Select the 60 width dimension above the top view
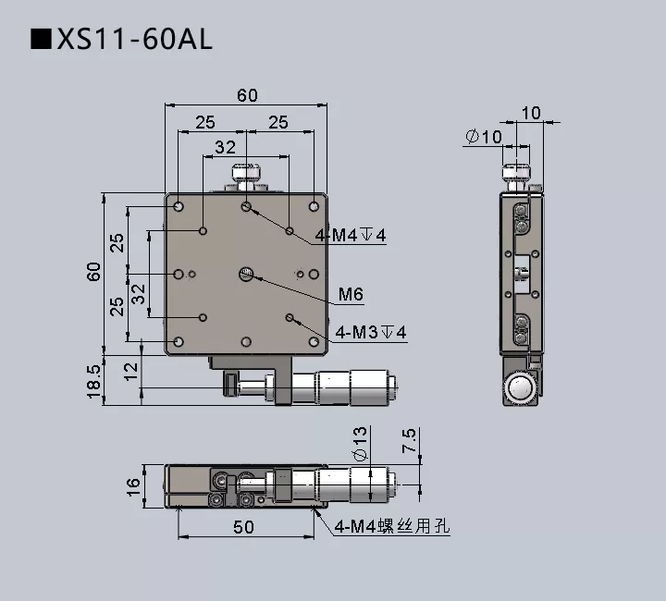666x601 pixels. pos(247,95)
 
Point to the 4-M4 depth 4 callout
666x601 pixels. pos(351,235)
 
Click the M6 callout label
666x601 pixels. pos(350,295)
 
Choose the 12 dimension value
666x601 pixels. pos(131,372)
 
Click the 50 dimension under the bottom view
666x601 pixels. pos(243,527)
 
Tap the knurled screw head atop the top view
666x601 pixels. pos(246,171)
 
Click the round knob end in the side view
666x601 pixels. pos(521,389)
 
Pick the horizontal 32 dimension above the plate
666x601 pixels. pos(225,147)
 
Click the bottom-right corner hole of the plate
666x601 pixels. pos(314,341)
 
